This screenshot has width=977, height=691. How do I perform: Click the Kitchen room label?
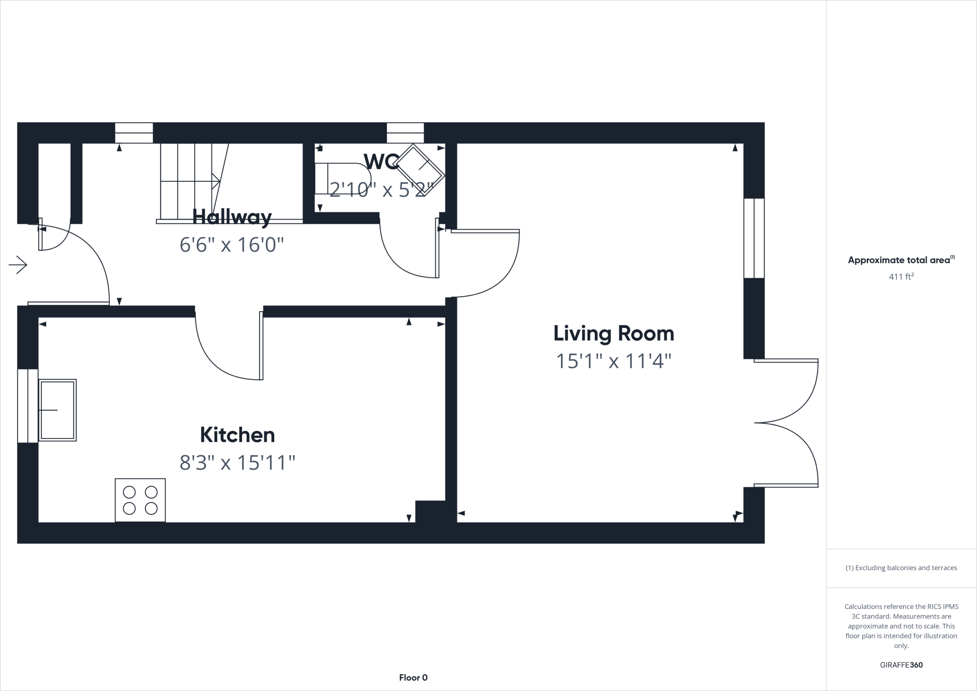(x=237, y=435)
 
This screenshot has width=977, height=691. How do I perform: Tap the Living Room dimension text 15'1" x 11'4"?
(x=613, y=361)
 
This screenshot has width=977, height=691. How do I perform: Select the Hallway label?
(x=232, y=217)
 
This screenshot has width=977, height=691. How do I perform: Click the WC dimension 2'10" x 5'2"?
(x=381, y=190)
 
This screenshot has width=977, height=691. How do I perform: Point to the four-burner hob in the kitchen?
(x=140, y=500)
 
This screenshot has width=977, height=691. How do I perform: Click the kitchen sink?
(x=57, y=410)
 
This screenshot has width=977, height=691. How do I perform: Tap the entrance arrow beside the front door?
(x=18, y=265)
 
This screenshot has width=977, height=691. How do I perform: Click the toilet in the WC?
(x=341, y=178)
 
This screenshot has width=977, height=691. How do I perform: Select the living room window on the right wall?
(x=754, y=238)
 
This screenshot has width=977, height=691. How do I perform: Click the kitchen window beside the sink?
(x=28, y=406)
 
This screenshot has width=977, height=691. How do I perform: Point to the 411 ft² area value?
(x=901, y=276)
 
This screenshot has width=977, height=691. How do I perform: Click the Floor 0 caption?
(x=413, y=678)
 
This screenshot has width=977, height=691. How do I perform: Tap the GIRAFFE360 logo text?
(x=901, y=665)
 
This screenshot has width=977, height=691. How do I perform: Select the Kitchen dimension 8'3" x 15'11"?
(x=237, y=462)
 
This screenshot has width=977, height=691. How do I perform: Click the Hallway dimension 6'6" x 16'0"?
(x=232, y=245)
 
